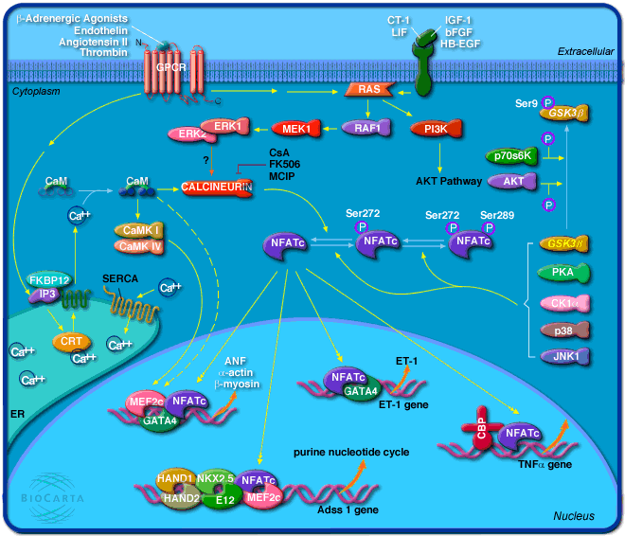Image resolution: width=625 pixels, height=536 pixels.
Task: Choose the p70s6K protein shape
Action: (510, 155)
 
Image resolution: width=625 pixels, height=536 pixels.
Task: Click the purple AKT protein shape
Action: (510, 181)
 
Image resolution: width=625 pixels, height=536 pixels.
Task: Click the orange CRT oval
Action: (68, 341)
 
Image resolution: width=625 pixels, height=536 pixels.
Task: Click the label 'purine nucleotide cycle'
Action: (350, 453)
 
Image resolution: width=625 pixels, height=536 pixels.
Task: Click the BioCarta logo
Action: (64, 494)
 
